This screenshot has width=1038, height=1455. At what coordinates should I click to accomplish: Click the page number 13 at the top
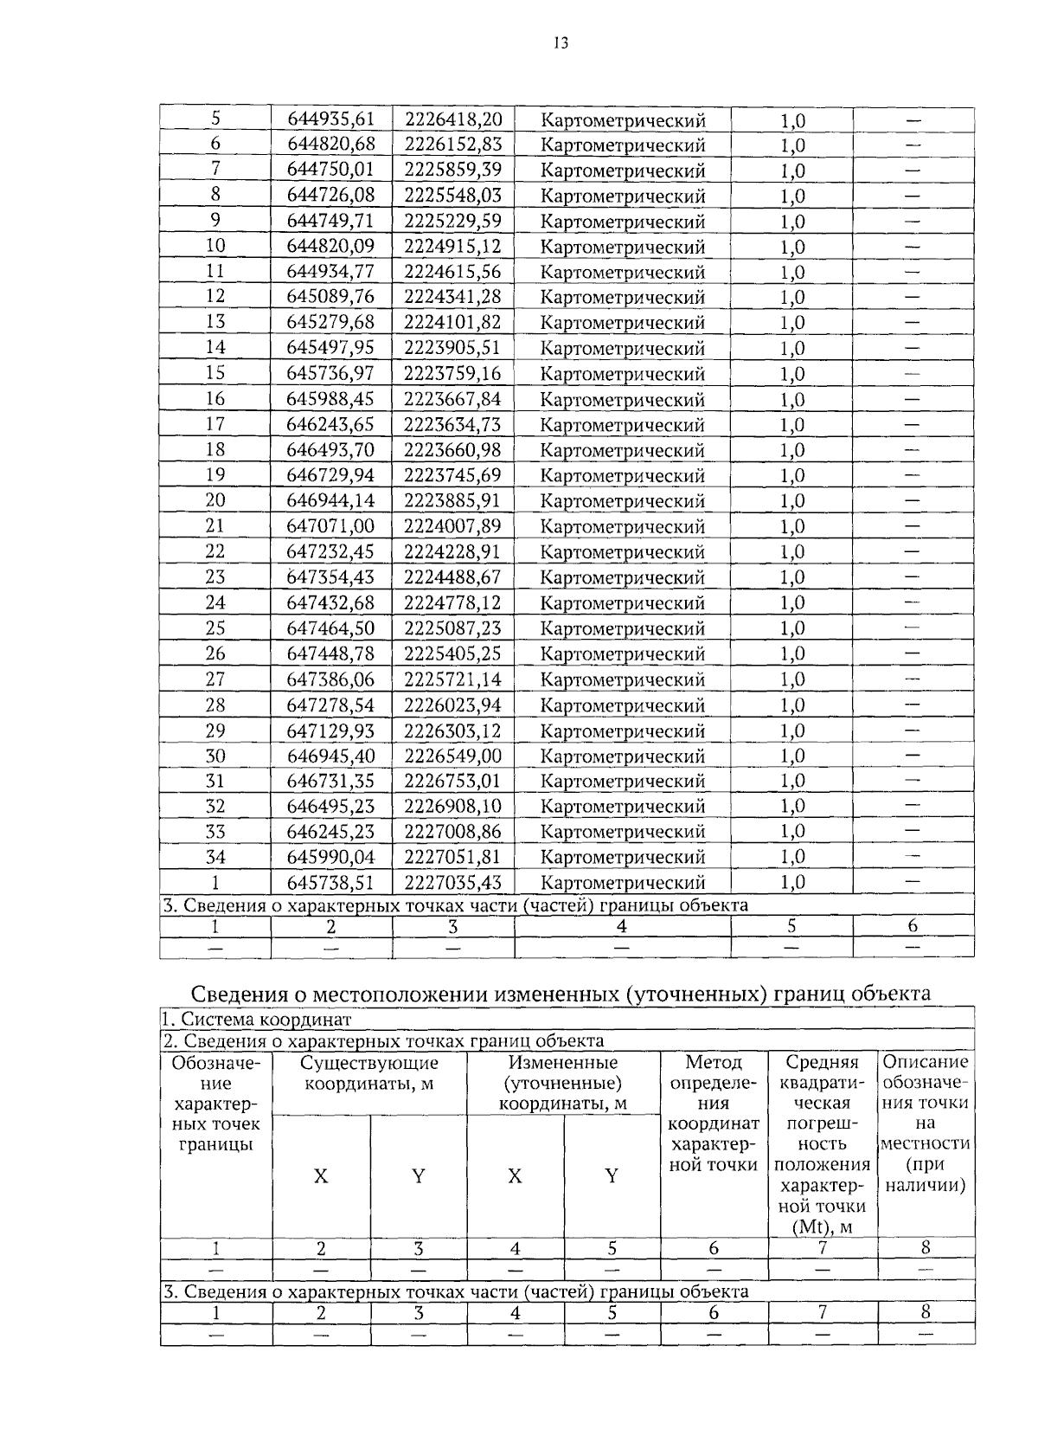pyautogui.click(x=561, y=43)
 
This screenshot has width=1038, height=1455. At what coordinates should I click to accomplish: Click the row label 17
pyautogui.click(x=215, y=424)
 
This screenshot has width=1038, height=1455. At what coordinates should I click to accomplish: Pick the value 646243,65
pyautogui.click(x=330, y=424)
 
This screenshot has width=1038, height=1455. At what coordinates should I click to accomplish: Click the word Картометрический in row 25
pyautogui.click(x=623, y=628)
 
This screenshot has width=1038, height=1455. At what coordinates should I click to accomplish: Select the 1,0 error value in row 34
pyautogui.click(x=792, y=857)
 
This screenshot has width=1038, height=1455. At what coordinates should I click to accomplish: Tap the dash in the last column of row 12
pyautogui.click(x=913, y=297)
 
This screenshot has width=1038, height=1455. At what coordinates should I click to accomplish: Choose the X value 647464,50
pyautogui.click(x=330, y=628)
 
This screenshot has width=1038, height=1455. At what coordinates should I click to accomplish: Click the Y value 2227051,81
pyautogui.click(x=453, y=857)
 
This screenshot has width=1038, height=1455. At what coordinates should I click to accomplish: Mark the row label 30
pyautogui.click(x=215, y=756)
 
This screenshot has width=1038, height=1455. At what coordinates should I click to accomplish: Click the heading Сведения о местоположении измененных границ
pyautogui.click(x=561, y=993)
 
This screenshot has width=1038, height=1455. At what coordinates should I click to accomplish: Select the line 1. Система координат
pyautogui.click(x=258, y=1020)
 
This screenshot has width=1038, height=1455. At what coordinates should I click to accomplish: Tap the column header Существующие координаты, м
pyautogui.click(x=369, y=1083)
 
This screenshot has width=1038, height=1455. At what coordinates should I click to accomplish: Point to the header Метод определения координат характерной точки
pyautogui.click(x=714, y=1113)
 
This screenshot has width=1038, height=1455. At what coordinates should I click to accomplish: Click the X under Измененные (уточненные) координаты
pyautogui.click(x=515, y=1175)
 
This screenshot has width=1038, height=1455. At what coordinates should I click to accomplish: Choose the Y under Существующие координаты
pyautogui.click(x=418, y=1175)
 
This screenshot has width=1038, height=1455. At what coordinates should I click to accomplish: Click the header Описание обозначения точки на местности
pyautogui.click(x=926, y=1123)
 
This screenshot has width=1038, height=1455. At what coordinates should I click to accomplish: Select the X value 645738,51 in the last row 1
pyautogui.click(x=330, y=882)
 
